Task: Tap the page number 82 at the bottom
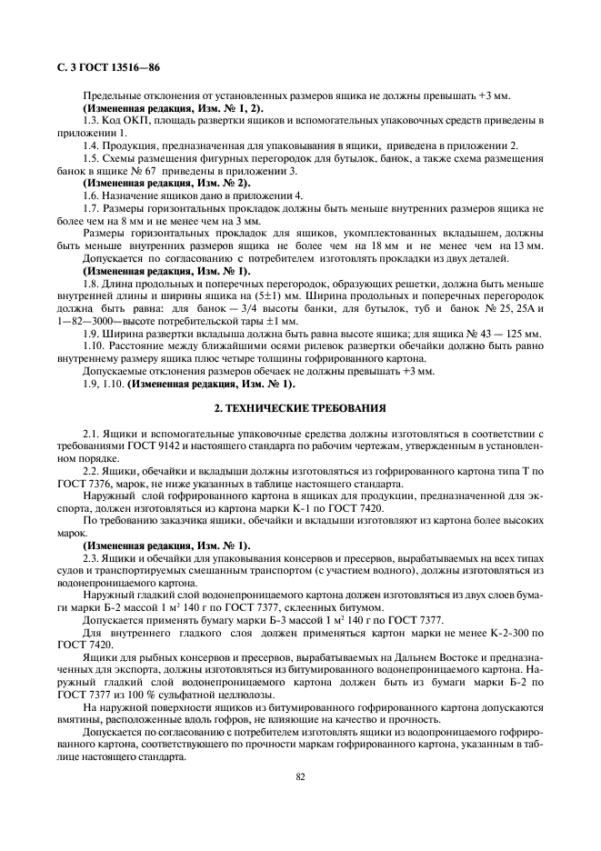tap(299, 776)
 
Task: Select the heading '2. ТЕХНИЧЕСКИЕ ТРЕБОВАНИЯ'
tap(299, 409)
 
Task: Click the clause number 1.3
tap(91, 121)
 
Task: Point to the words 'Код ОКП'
tap(122, 121)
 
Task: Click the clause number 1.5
tap(91, 158)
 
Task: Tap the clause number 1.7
tap(91, 208)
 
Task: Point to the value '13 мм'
tap(527, 245)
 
